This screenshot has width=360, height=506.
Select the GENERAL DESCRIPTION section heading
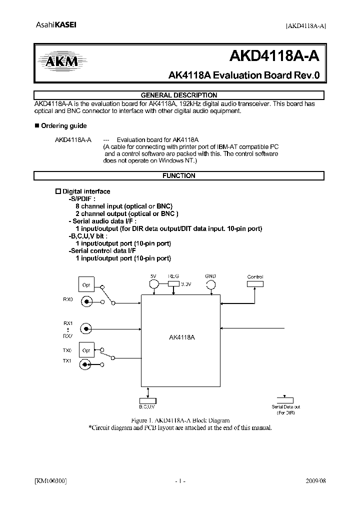(x=178, y=95)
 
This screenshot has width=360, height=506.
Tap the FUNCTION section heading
(x=178, y=176)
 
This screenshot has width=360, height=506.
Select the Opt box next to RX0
(x=85, y=285)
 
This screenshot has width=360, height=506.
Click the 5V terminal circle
(x=154, y=284)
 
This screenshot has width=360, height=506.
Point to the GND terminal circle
(x=211, y=284)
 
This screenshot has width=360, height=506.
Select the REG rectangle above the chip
(x=173, y=283)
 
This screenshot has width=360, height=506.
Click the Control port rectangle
(x=255, y=284)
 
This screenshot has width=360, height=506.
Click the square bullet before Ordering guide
(x=36, y=125)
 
